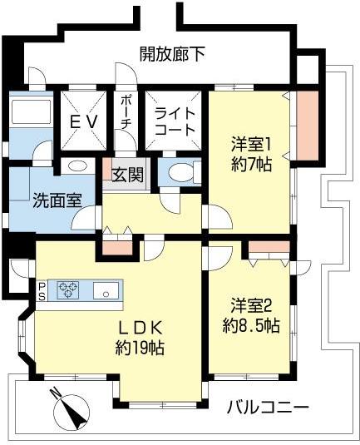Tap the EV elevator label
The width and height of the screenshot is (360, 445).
tap(84, 122)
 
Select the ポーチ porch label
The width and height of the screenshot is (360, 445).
tap(126, 112)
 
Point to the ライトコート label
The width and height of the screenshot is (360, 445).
tap(175, 122)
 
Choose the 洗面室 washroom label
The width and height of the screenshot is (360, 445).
tap(57, 200)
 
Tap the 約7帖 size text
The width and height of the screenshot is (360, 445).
tap(251, 165)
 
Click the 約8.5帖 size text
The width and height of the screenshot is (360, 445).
tap(251, 325)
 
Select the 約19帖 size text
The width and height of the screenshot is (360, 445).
tap(140, 348)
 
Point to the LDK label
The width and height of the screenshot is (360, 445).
tap(141, 328)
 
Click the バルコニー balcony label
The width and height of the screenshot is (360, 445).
tap(268, 408)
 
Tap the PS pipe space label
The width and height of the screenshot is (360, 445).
tap(42, 290)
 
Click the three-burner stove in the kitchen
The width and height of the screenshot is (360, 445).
tap(68, 290)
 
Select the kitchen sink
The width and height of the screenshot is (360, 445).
tap(106, 290)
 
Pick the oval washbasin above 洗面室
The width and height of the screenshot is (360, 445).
tap(77, 166)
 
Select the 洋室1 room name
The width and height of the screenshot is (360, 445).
tap(251, 144)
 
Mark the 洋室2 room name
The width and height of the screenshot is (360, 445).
tap(251, 305)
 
